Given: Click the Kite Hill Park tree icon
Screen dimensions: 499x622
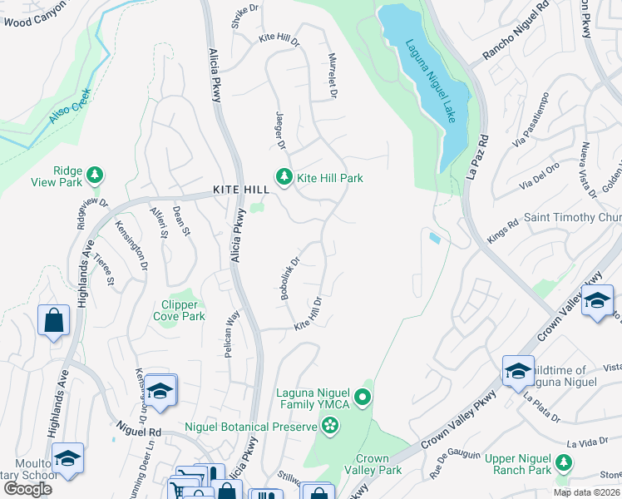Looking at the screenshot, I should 284,177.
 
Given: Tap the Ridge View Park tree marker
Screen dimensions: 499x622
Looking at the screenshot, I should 96,174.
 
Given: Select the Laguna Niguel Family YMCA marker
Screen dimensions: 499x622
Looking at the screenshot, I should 362,399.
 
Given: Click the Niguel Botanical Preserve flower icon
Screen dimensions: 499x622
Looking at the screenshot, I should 330,427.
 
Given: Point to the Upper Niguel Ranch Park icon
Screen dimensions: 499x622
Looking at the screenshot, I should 565,462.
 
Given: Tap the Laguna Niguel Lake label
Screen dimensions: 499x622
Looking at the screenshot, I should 429,70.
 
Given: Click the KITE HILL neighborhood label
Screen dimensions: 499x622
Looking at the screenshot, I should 241,190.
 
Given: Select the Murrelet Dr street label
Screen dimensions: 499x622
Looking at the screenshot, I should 331,79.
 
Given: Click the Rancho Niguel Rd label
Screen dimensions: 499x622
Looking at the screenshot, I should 517,36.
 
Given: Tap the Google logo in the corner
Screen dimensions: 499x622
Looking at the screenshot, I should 27,488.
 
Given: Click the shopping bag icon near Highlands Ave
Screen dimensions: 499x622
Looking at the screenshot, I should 53,319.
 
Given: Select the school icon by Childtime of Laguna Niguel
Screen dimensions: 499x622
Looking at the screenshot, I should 517,370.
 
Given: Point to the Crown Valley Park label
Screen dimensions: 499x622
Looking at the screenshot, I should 378,464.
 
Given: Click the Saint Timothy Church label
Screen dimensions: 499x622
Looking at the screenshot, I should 572,217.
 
